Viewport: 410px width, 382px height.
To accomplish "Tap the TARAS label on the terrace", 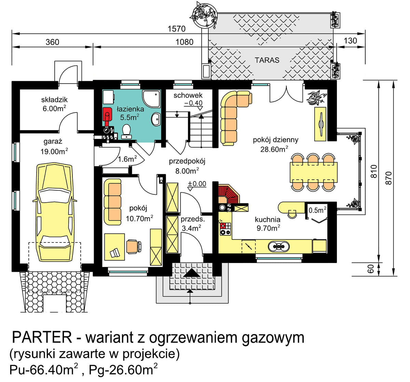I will [x=267, y=60].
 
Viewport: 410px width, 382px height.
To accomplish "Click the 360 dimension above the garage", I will [x=52, y=42].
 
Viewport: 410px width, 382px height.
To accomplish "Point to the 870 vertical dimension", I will [x=388, y=178].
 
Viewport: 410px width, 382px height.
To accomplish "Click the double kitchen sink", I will [x=279, y=246].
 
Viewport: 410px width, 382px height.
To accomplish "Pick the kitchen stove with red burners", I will [x=225, y=229].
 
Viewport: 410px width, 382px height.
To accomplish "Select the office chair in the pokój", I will [x=133, y=246].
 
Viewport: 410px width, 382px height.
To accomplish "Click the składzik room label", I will [x=54, y=100].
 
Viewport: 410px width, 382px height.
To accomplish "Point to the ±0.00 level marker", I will [x=197, y=184].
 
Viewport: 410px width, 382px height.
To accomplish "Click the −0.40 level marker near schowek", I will [x=193, y=103].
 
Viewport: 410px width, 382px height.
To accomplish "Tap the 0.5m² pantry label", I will [x=317, y=210].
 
